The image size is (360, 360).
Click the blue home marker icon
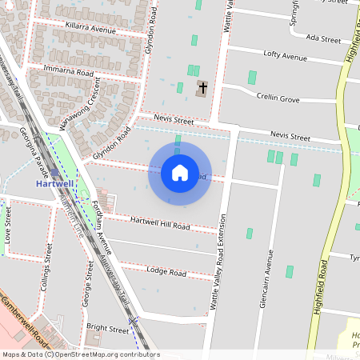point(179,172)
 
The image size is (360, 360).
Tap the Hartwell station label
point(56,183)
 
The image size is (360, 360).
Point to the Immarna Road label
point(69,72)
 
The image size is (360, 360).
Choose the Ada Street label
point(323,38)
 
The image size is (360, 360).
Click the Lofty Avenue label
point(286,57)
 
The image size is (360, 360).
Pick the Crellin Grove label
point(278,98)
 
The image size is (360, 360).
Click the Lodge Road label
point(166,272)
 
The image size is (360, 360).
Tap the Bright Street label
point(107,329)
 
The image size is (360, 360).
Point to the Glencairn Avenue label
point(270,277)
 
